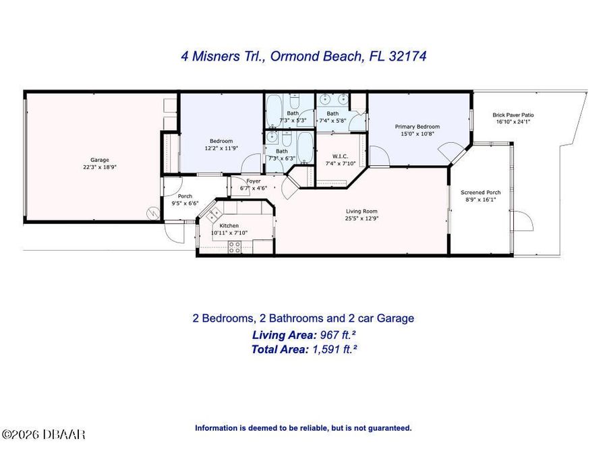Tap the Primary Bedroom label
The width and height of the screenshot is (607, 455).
click(x=417, y=127)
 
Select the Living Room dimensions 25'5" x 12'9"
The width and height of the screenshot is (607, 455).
click(x=361, y=218)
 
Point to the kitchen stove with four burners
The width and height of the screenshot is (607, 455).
click(x=235, y=247)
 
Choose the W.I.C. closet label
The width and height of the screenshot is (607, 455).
click(x=339, y=156)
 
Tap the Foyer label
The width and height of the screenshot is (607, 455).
click(x=254, y=181)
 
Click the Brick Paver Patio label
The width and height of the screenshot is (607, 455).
click(x=514, y=115)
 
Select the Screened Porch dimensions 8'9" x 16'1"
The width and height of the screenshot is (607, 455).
click(x=481, y=200)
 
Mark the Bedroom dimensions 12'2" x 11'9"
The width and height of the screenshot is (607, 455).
click(x=221, y=148)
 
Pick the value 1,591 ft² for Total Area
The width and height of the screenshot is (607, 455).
click(x=334, y=349)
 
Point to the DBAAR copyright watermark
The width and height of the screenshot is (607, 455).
click(x=44, y=435)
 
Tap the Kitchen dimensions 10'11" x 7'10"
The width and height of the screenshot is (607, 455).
click(x=229, y=233)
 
